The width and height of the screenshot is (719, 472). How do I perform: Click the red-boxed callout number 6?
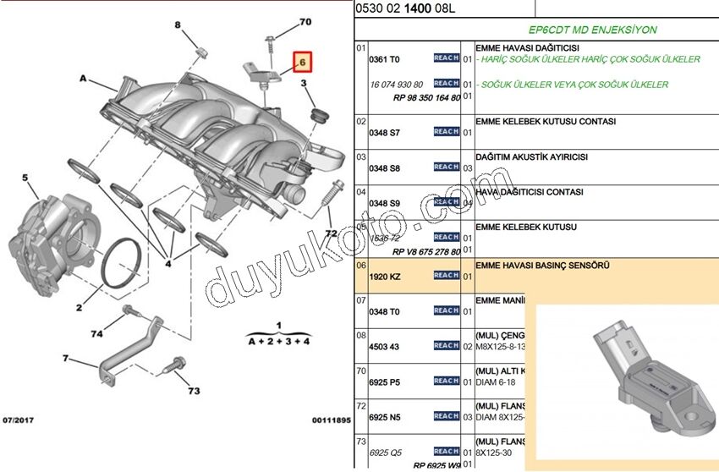click(302, 62)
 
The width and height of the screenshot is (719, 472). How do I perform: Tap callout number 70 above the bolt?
click(305, 21)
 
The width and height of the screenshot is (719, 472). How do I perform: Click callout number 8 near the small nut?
click(178, 26)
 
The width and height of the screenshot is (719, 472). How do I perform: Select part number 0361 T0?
click(384, 59)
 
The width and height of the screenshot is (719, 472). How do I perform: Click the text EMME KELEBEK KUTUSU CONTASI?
click(546, 122)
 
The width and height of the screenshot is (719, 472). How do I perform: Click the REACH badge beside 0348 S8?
click(446, 167)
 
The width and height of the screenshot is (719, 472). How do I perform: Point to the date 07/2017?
click(19, 419)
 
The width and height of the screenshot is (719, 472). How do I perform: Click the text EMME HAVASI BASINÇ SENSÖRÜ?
click(542, 266)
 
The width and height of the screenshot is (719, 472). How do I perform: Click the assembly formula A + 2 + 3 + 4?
click(277, 341)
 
